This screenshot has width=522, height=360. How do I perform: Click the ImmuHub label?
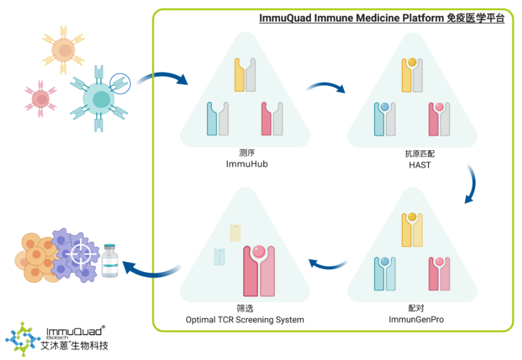246,164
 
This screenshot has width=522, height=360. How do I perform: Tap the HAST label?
419,165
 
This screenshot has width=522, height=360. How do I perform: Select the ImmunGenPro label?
416,320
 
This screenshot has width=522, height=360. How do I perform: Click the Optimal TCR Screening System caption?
245,320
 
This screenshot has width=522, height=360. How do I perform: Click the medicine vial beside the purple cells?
110,261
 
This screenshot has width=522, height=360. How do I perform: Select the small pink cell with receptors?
40,98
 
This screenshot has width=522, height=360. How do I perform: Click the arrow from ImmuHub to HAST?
326,88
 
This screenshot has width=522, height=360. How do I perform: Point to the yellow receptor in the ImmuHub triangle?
240,75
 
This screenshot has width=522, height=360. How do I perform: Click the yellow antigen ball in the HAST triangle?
412,61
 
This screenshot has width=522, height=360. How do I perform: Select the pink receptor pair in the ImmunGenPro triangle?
439,275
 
